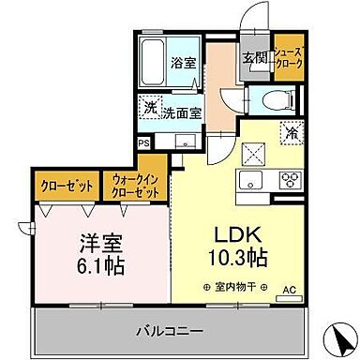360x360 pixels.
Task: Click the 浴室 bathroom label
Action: click(183, 65)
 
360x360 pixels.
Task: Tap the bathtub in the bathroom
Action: click(154, 62)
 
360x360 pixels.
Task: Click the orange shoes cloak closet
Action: click(289, 61)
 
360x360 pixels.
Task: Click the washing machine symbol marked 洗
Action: click(150, 109)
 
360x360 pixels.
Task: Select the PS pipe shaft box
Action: click(142, 143)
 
